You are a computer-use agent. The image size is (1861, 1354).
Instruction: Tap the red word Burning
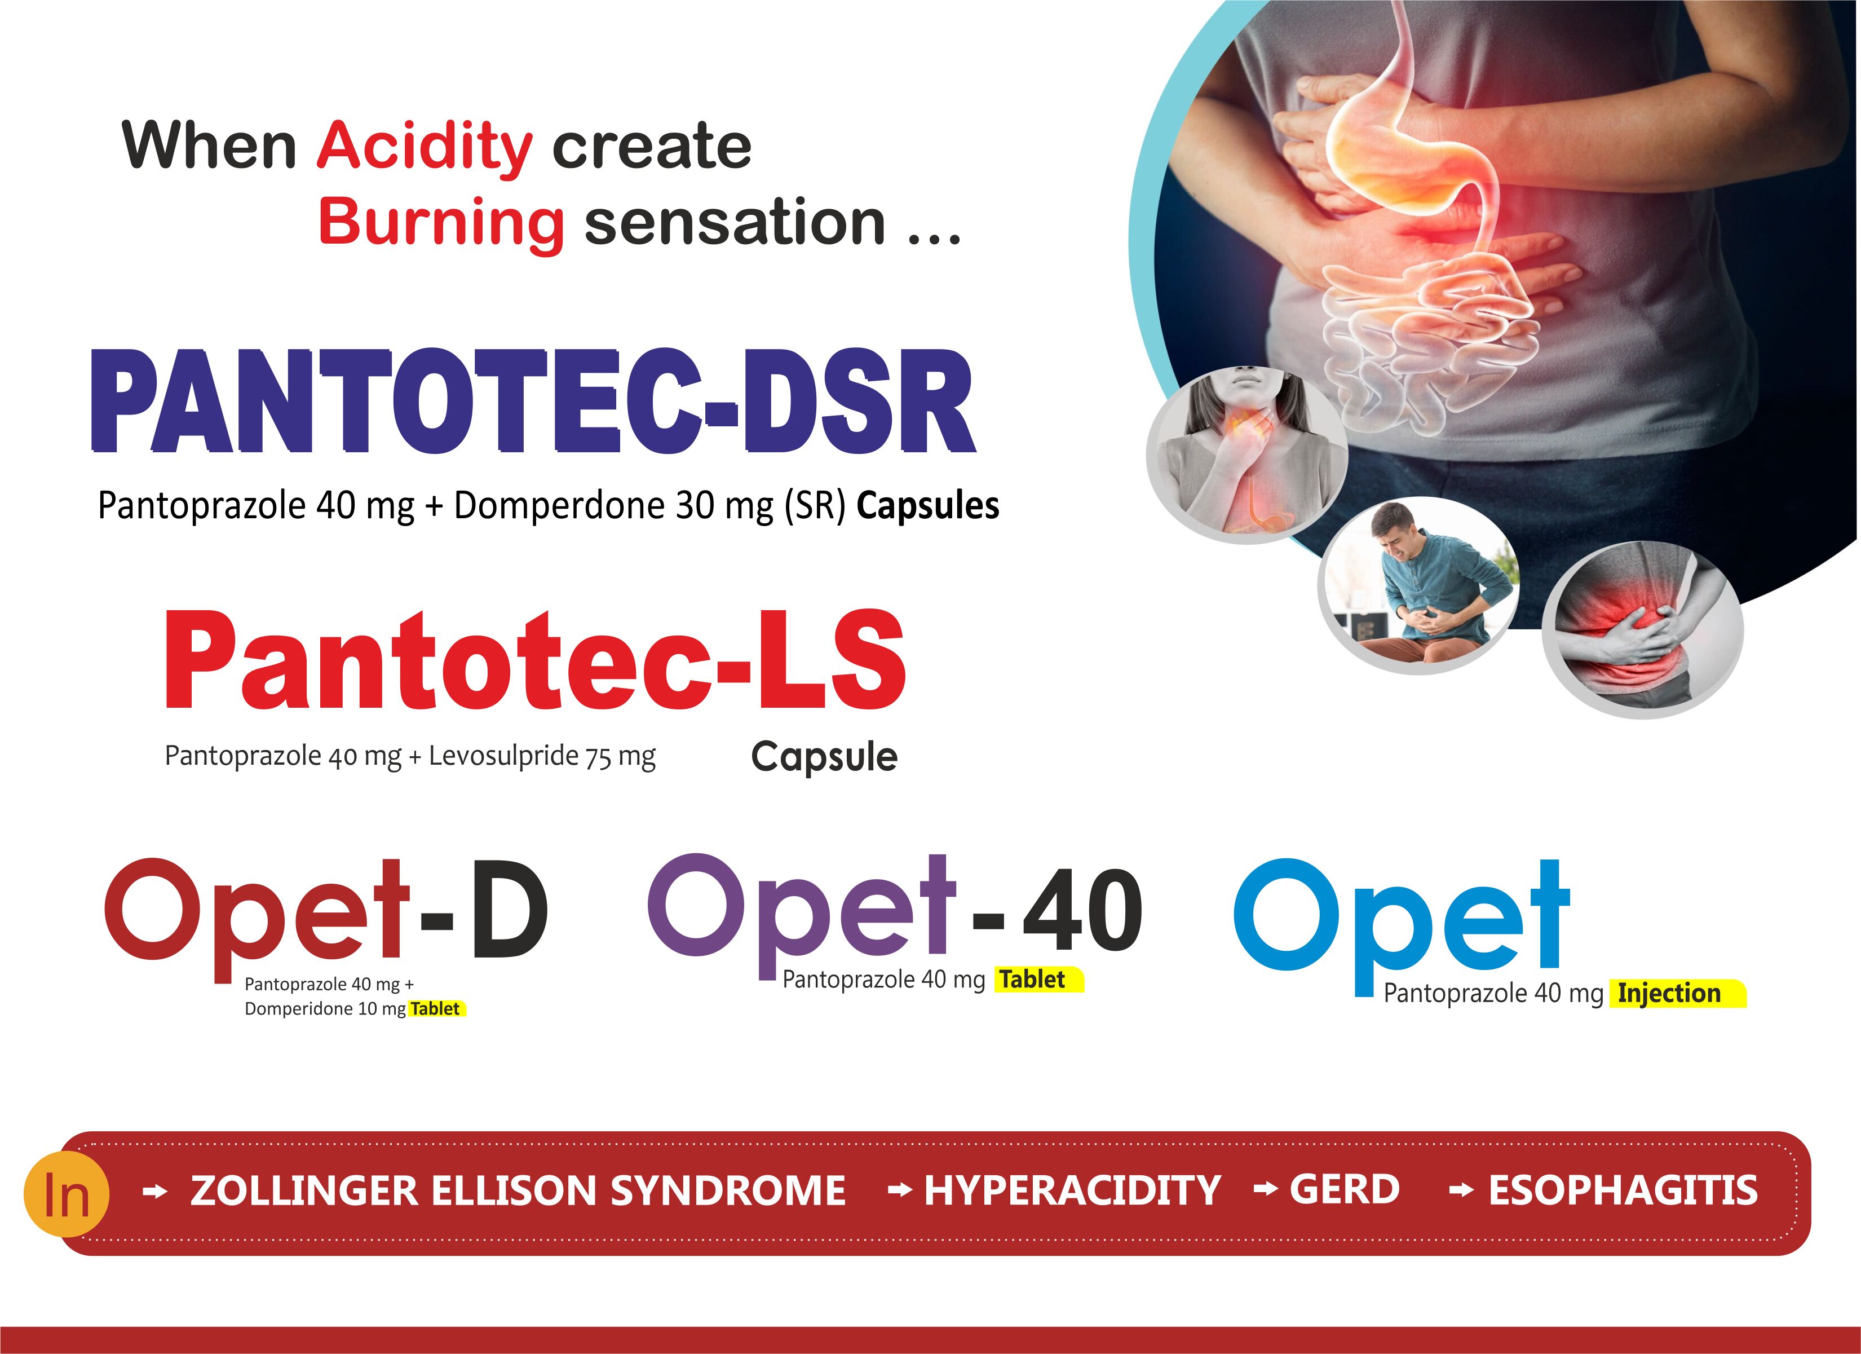tap(441, 224)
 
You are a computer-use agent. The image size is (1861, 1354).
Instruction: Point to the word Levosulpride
tap(504, 756)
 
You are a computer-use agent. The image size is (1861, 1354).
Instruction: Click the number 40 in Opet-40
tap(1081, 910)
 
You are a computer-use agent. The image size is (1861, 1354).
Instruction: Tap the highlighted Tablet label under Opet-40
tap(1032, 979)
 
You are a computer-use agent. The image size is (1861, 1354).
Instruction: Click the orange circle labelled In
tap(67, 1195)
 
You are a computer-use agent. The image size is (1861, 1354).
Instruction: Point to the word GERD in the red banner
tap(1344, 1190)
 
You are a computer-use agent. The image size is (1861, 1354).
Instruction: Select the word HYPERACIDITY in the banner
tap(1072, 1190)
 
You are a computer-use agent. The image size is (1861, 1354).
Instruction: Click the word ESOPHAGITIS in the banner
tap(1624, 1190)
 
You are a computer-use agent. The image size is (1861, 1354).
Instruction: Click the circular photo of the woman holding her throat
tap(1247, 454)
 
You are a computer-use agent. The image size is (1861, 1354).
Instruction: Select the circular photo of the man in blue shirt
tap(1419, 585)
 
